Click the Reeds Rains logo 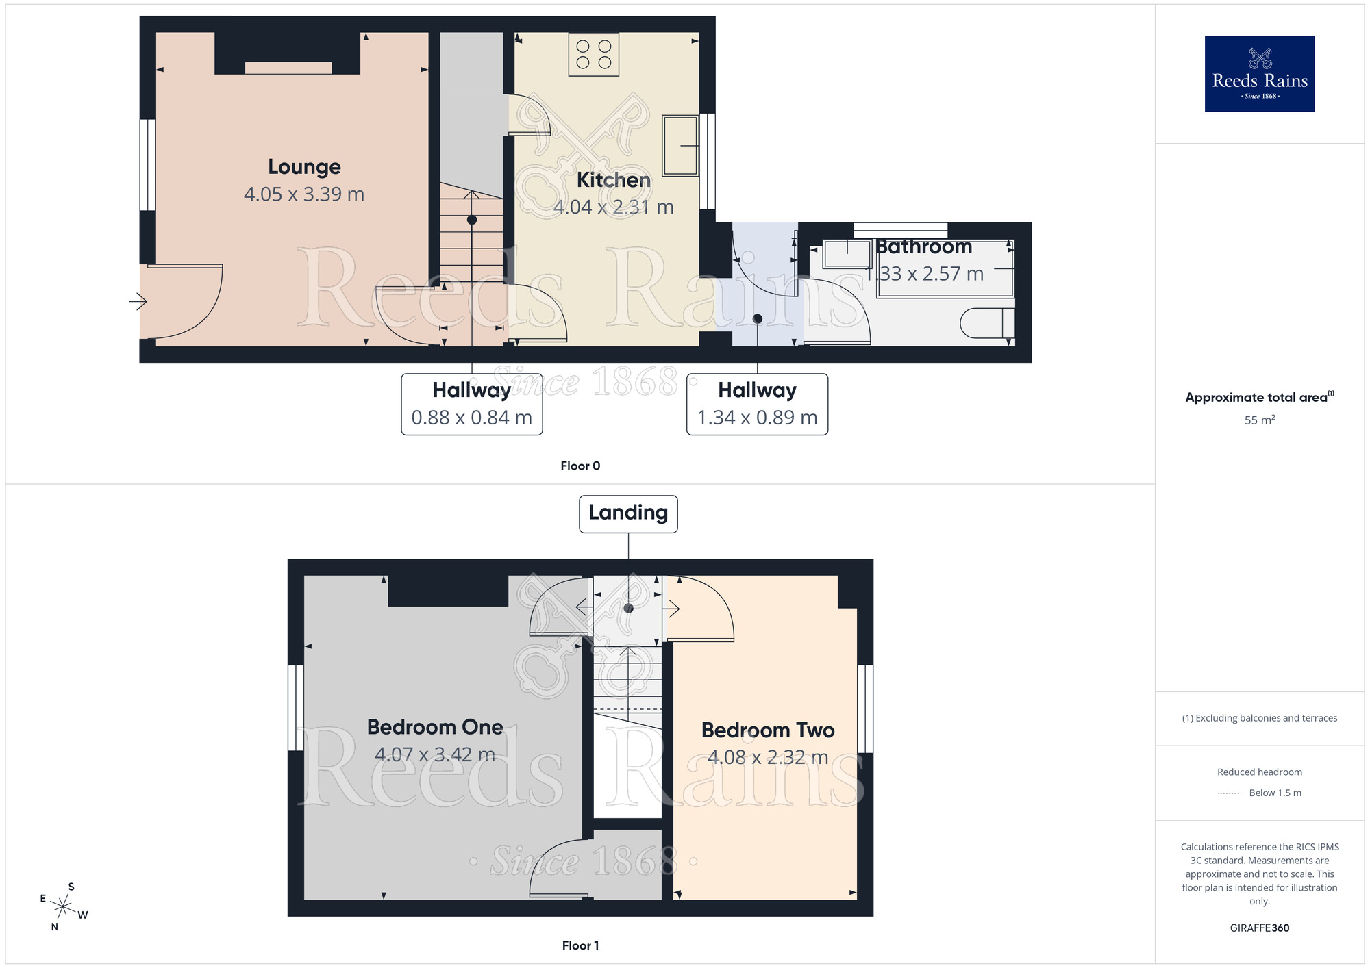click(x=1259, y=74)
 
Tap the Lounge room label click(x=304, y=167)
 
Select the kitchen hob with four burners click(x=593, y=55)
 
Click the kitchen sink click(x=680, y=145)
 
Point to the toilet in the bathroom click(x=986, y=323)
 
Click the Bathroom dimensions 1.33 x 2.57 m click(x=923, y=274)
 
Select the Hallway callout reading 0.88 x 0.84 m click(x=471, y=405)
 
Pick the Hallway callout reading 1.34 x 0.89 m click(x=757, y=405)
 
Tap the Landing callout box click(x=628, y=513)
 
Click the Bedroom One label click(x=435, y=727)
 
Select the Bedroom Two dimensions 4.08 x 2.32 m click(x=767, y=757)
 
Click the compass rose click(x=63, y=908)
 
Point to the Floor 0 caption click(x=580, y=466)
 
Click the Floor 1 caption click(x=580, y=945)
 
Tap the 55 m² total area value click(x=1259, y=420)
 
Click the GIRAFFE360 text click(x=1259, y=928)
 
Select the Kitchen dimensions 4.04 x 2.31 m click(x=613, y=207)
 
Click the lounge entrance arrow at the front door click(x=138, y=301)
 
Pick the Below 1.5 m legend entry click(x=1274, y=793)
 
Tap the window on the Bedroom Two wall click(x=865, y=709)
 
